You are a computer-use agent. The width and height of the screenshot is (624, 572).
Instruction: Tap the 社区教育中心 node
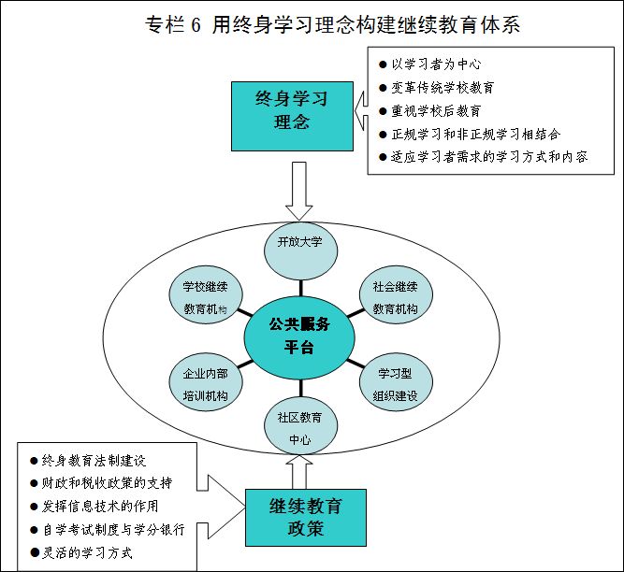tap(299, 425)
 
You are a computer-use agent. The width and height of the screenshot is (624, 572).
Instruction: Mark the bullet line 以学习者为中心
tap(441, 64)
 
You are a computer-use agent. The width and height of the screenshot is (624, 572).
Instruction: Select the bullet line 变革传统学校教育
tap(447, 87)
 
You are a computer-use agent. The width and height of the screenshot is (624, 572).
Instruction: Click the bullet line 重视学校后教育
tap(441, 110)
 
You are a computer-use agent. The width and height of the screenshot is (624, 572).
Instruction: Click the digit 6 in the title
tap(196, 26)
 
